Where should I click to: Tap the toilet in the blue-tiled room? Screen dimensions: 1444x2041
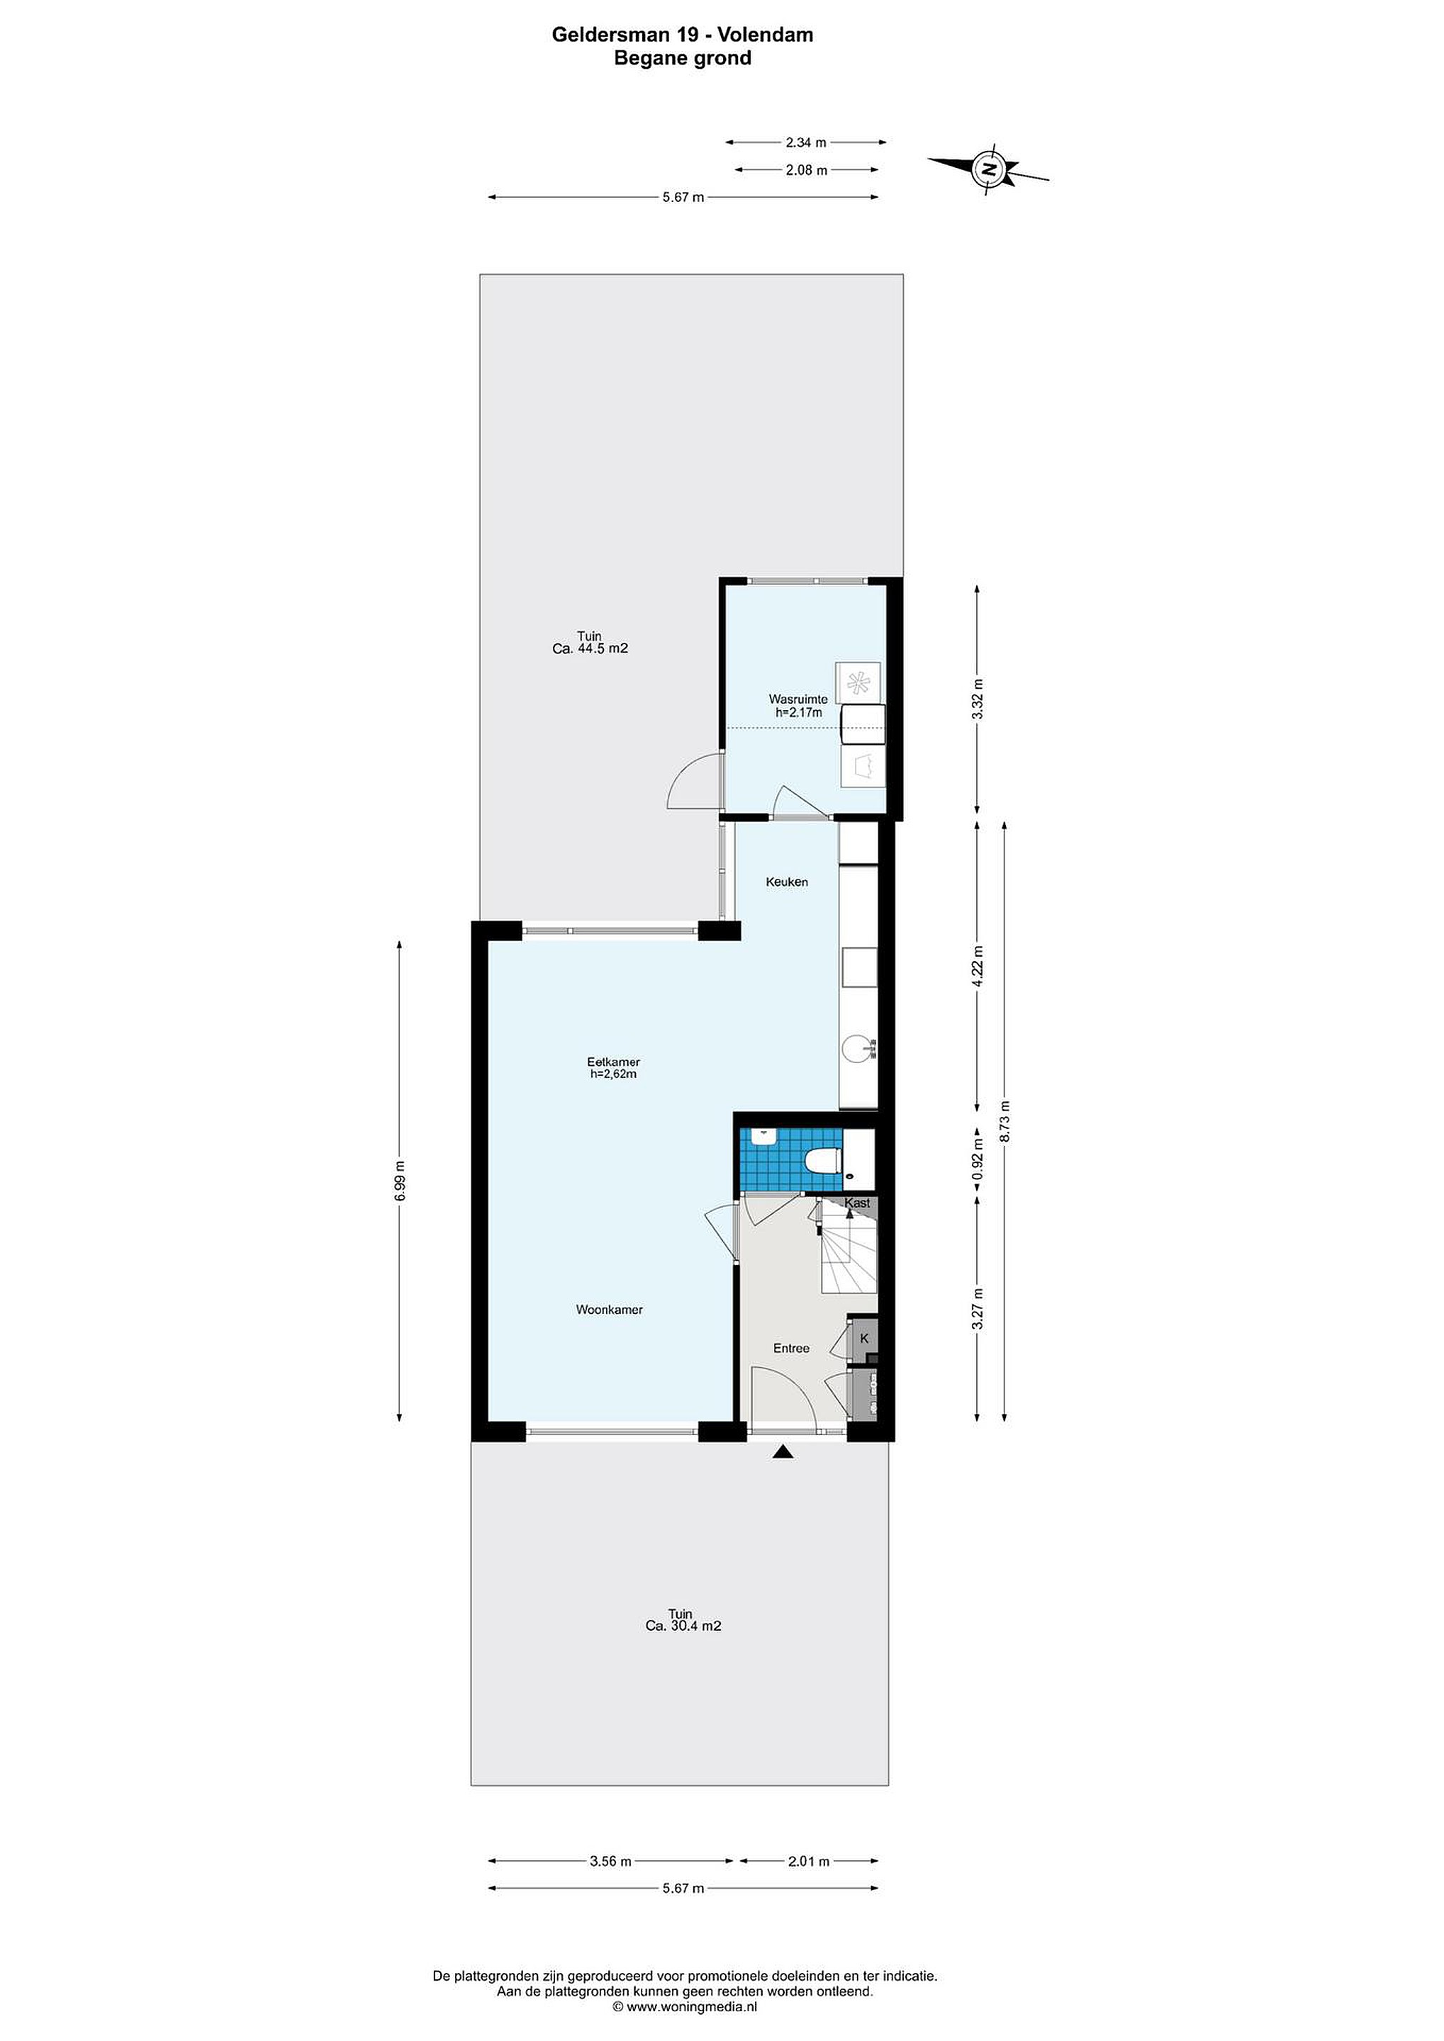click(x=822, y=1161)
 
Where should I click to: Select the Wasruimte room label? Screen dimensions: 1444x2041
click(x=797, y=706)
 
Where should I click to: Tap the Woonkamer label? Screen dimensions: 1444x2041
click(x=609, y=1310)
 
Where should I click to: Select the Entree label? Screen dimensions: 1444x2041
click(x=790, y=1348)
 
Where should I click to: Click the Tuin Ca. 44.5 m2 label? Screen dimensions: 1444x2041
click(x=590, y=642)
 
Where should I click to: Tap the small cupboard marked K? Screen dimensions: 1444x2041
click(x=863, y=1339)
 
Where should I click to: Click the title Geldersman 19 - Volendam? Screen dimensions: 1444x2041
click(x=682, y=35)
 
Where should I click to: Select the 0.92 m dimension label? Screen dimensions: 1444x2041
click(x=978, y=1161)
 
